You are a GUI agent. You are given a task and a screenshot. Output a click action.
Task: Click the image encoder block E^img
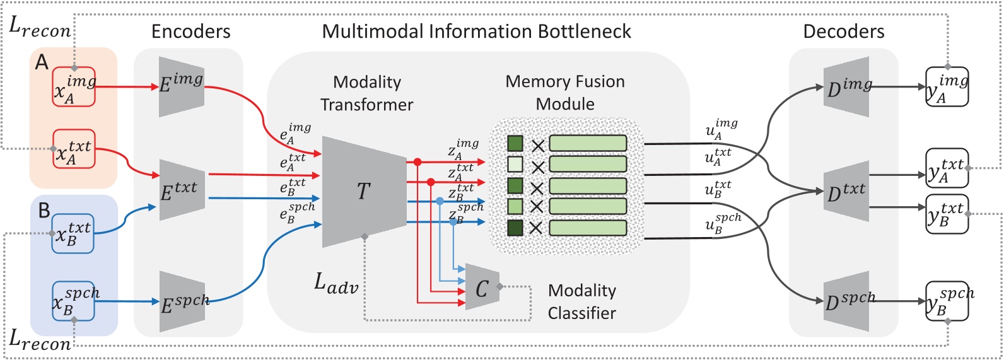(x=181, y=86)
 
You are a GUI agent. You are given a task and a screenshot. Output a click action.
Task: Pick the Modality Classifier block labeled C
(x=482, y=287)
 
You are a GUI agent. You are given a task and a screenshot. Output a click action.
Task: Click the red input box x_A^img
(x=74, y=86)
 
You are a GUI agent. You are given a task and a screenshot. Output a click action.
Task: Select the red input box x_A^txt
(x=74, y=149)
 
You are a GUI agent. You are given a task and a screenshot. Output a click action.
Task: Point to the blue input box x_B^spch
(x=73, y=301)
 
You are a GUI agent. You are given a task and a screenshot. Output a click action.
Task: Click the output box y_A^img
(x=946, y=86)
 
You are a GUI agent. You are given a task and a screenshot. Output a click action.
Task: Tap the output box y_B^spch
(x=946, y=301)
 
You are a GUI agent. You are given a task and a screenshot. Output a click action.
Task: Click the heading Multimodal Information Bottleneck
(x=476, y=32)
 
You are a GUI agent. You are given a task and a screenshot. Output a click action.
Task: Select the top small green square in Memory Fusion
(x=515, y=144)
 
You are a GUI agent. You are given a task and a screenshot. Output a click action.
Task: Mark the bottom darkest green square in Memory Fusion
(x=515, y=228)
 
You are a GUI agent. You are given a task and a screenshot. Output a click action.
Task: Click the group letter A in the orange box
(x=42, y=62)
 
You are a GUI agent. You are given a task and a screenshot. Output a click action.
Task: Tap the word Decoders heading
(x=843, y=32)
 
